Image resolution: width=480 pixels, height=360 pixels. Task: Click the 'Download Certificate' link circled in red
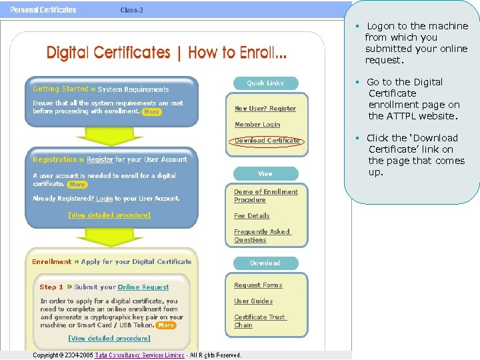click(267, 141)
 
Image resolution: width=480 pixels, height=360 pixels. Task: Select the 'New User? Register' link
click(265, 109)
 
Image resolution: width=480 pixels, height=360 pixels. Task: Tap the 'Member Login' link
click(257, 125)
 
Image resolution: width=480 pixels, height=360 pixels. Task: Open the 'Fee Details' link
click(251, 216)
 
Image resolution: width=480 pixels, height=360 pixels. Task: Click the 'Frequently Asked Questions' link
click(261, 236)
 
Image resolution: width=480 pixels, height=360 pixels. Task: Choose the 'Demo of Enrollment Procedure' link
click(265, 195)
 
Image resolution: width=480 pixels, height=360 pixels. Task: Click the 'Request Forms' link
click(257, 285)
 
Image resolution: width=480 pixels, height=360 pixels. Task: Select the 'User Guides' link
click(253, 301)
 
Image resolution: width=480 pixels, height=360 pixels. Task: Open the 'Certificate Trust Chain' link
click(259, 321)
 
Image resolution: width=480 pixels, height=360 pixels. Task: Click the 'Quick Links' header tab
click(265, 83)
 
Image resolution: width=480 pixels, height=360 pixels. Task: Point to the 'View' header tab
click(265, 174)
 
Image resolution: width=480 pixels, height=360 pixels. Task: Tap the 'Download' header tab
click(265, 263)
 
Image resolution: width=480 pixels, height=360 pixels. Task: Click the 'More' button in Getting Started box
click(152, 112)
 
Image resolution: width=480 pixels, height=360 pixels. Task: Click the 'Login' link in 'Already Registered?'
click(104, 199)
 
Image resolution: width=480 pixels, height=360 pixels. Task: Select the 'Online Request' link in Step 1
click(143, 287)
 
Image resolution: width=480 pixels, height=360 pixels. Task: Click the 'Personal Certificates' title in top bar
click(43, 10)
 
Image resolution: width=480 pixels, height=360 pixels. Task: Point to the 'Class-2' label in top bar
click(131, 10)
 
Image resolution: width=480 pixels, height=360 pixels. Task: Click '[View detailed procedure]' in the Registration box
click(109, 215)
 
